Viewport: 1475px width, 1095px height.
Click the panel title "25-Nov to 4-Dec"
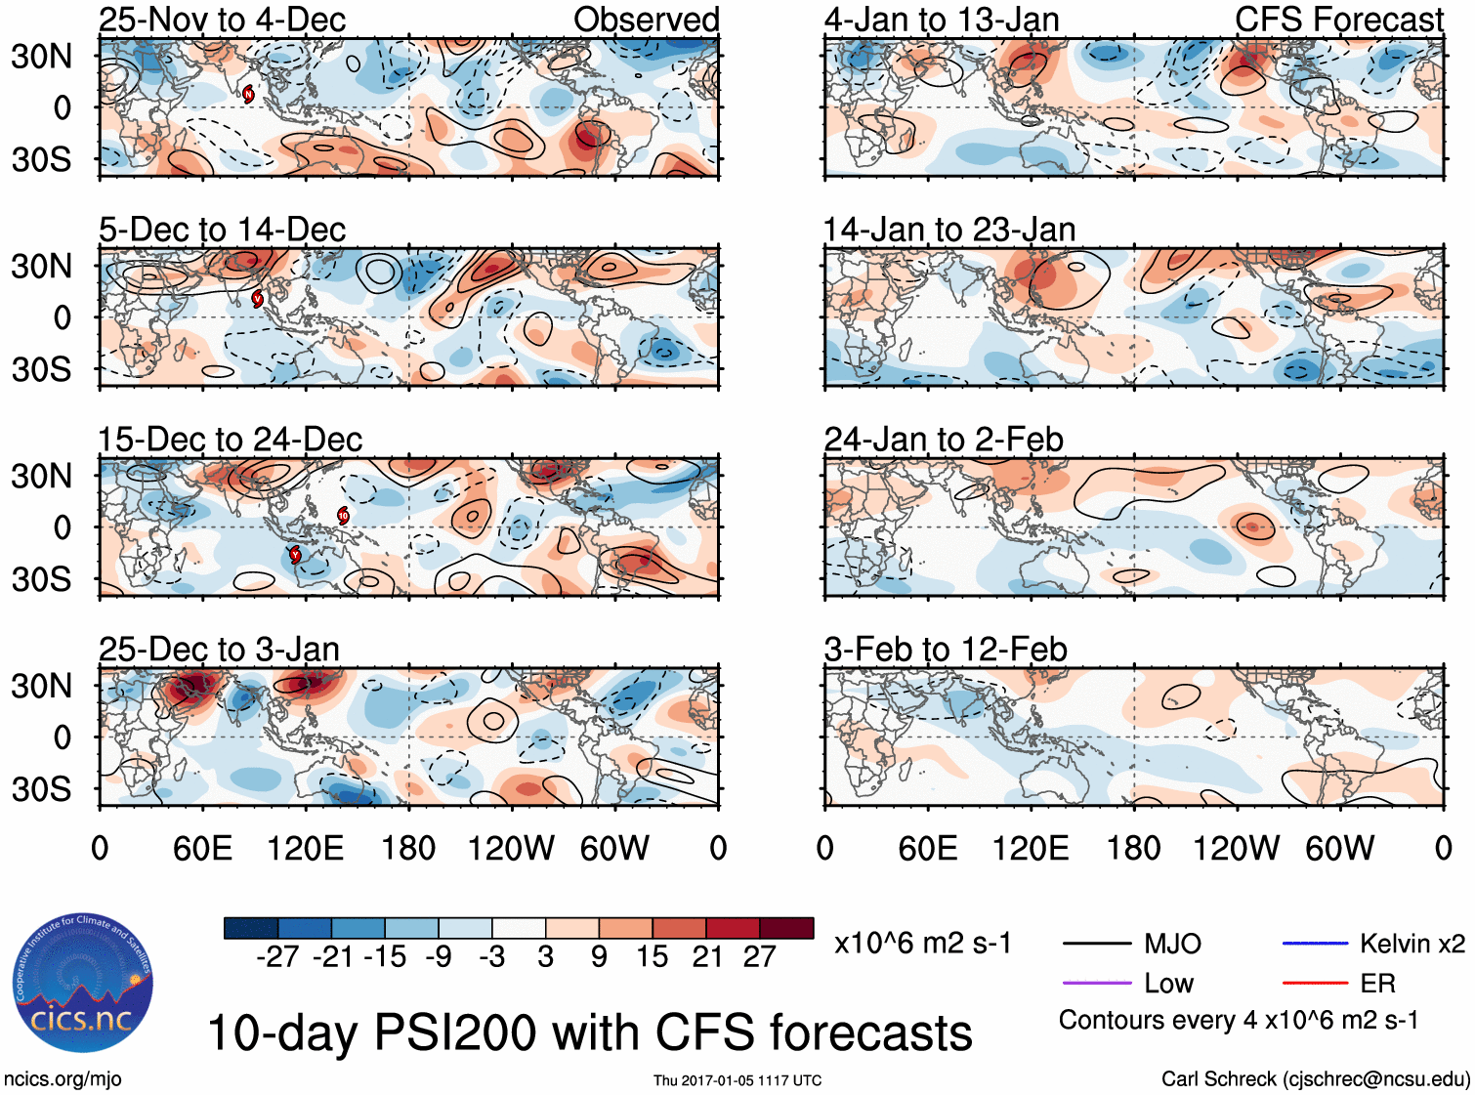222,20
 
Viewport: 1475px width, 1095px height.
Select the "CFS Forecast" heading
1338,20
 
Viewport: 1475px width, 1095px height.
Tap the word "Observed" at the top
646,20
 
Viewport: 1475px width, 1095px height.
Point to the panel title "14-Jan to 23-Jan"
948,230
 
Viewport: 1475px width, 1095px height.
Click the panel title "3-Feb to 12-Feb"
945,650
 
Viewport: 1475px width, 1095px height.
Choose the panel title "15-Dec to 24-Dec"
230,440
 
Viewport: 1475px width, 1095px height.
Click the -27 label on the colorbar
277,956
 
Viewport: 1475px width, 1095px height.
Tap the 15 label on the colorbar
652,956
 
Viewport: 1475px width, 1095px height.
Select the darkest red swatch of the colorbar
786,928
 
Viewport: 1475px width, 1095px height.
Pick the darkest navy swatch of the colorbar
251,928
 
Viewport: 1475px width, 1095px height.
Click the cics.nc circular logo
83,984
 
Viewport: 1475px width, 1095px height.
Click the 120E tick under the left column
305,848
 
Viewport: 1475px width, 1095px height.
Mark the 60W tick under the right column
1339,848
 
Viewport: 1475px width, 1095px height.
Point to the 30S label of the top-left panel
41,159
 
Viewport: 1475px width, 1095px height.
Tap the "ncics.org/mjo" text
63,1079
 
